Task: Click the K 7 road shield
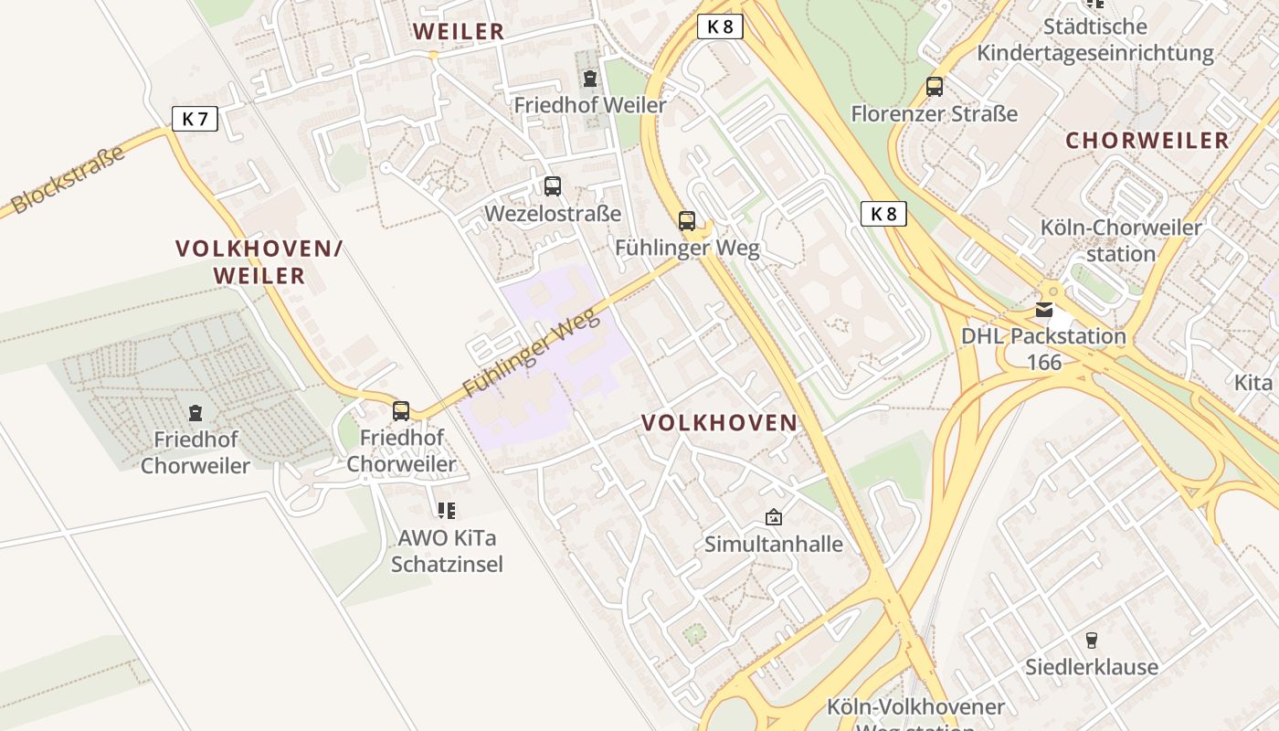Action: pos(195,118)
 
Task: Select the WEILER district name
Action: pos(459,31)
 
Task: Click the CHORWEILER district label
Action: pos(1147,141)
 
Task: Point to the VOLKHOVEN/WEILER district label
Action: pos(259,261)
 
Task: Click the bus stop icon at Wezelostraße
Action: pos(553,186)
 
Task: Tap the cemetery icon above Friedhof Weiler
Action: pos(590,79)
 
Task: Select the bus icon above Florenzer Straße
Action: pos(934,87)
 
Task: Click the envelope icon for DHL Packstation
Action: pos(1044,310)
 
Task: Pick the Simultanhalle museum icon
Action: pos(774,517)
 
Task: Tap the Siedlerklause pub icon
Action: pos(1091,640)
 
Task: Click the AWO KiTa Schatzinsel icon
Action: pos(447,510)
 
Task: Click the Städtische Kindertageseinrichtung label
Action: pos(1095,39)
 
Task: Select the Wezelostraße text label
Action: pos(553,214)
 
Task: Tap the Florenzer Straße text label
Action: pos(934,114)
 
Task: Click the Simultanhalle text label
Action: pos(774,545)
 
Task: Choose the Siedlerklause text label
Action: pos(1091,667)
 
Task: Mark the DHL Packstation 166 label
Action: pos(1043,349)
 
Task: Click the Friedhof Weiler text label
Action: pos(590,105)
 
